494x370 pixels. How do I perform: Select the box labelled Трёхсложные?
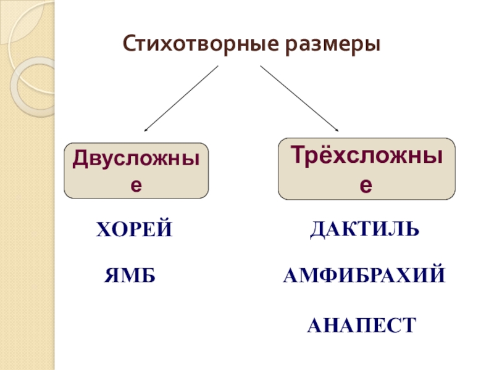(x=367, y=169)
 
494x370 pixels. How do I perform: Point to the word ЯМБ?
(x=128, y=276)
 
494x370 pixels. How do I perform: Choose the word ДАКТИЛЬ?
(x=364, y=229)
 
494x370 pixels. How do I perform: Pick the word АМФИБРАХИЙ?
(x=364, y=276)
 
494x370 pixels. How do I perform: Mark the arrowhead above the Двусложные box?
(x=146, y=129)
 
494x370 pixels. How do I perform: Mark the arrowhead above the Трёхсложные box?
(x=337, y=129)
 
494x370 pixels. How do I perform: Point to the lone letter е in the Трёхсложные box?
(x=367, y=184)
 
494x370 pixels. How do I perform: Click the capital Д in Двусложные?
(x=80, y=158)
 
